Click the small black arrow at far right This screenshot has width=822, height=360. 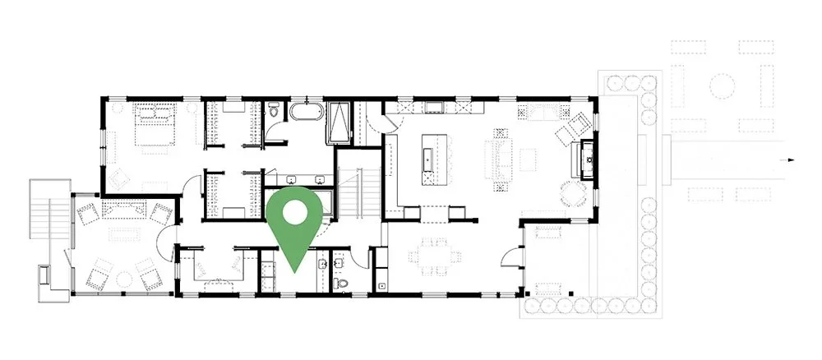[x=791, y=161]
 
